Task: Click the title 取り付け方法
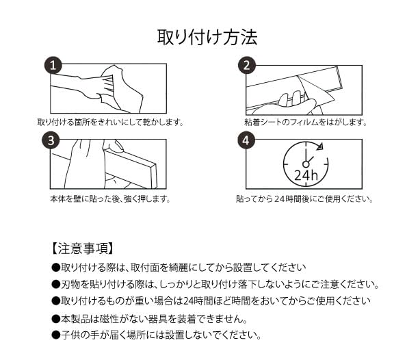(207, 38)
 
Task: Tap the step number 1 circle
(53, 65)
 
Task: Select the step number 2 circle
(247, 65)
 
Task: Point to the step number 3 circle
(51, 140)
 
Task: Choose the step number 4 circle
(246, 140)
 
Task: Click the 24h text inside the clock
(306, 175)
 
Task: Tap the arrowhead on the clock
(319, 146)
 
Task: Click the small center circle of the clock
(306, 164)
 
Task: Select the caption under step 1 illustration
(111, 122)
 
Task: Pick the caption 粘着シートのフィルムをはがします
(306, 122)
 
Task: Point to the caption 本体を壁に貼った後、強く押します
(110, 199)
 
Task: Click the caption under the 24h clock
(304, 199)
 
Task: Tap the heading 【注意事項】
(83, 248)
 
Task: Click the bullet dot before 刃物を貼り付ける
(56, 285)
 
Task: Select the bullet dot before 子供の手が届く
(56, 335)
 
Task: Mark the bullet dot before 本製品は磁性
(56, 319)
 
